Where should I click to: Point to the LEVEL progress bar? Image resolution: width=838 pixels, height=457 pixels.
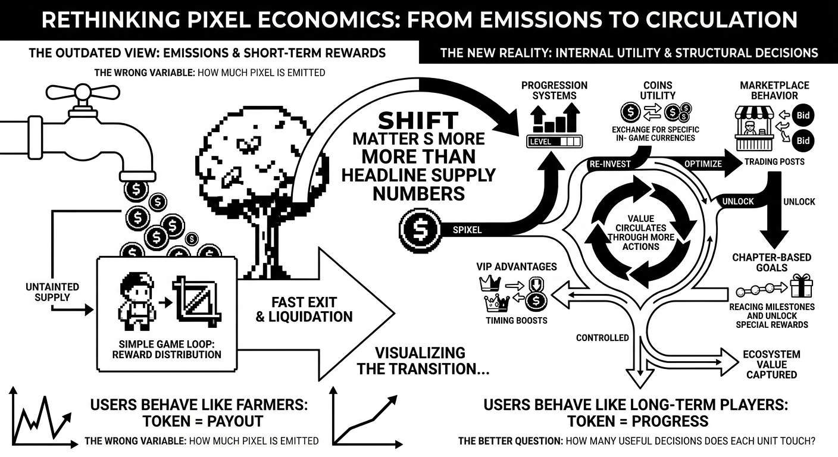point(554,142)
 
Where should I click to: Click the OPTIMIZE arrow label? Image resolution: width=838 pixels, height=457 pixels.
point(703,164)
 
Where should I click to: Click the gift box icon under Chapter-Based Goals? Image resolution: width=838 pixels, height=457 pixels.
point(802,287)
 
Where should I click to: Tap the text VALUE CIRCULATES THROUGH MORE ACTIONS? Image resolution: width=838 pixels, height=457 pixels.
point(642,233)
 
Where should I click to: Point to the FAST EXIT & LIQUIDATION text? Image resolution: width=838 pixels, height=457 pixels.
point(304,309)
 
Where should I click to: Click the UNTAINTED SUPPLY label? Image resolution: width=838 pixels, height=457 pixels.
point(52,292)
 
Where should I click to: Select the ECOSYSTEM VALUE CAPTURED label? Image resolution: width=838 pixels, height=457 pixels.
point(771,364)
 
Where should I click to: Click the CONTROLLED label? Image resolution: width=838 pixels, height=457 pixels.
point(602,338)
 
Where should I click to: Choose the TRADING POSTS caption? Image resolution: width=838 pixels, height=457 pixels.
point(774,161)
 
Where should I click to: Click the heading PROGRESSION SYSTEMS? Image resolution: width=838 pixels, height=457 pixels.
point(554,90)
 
